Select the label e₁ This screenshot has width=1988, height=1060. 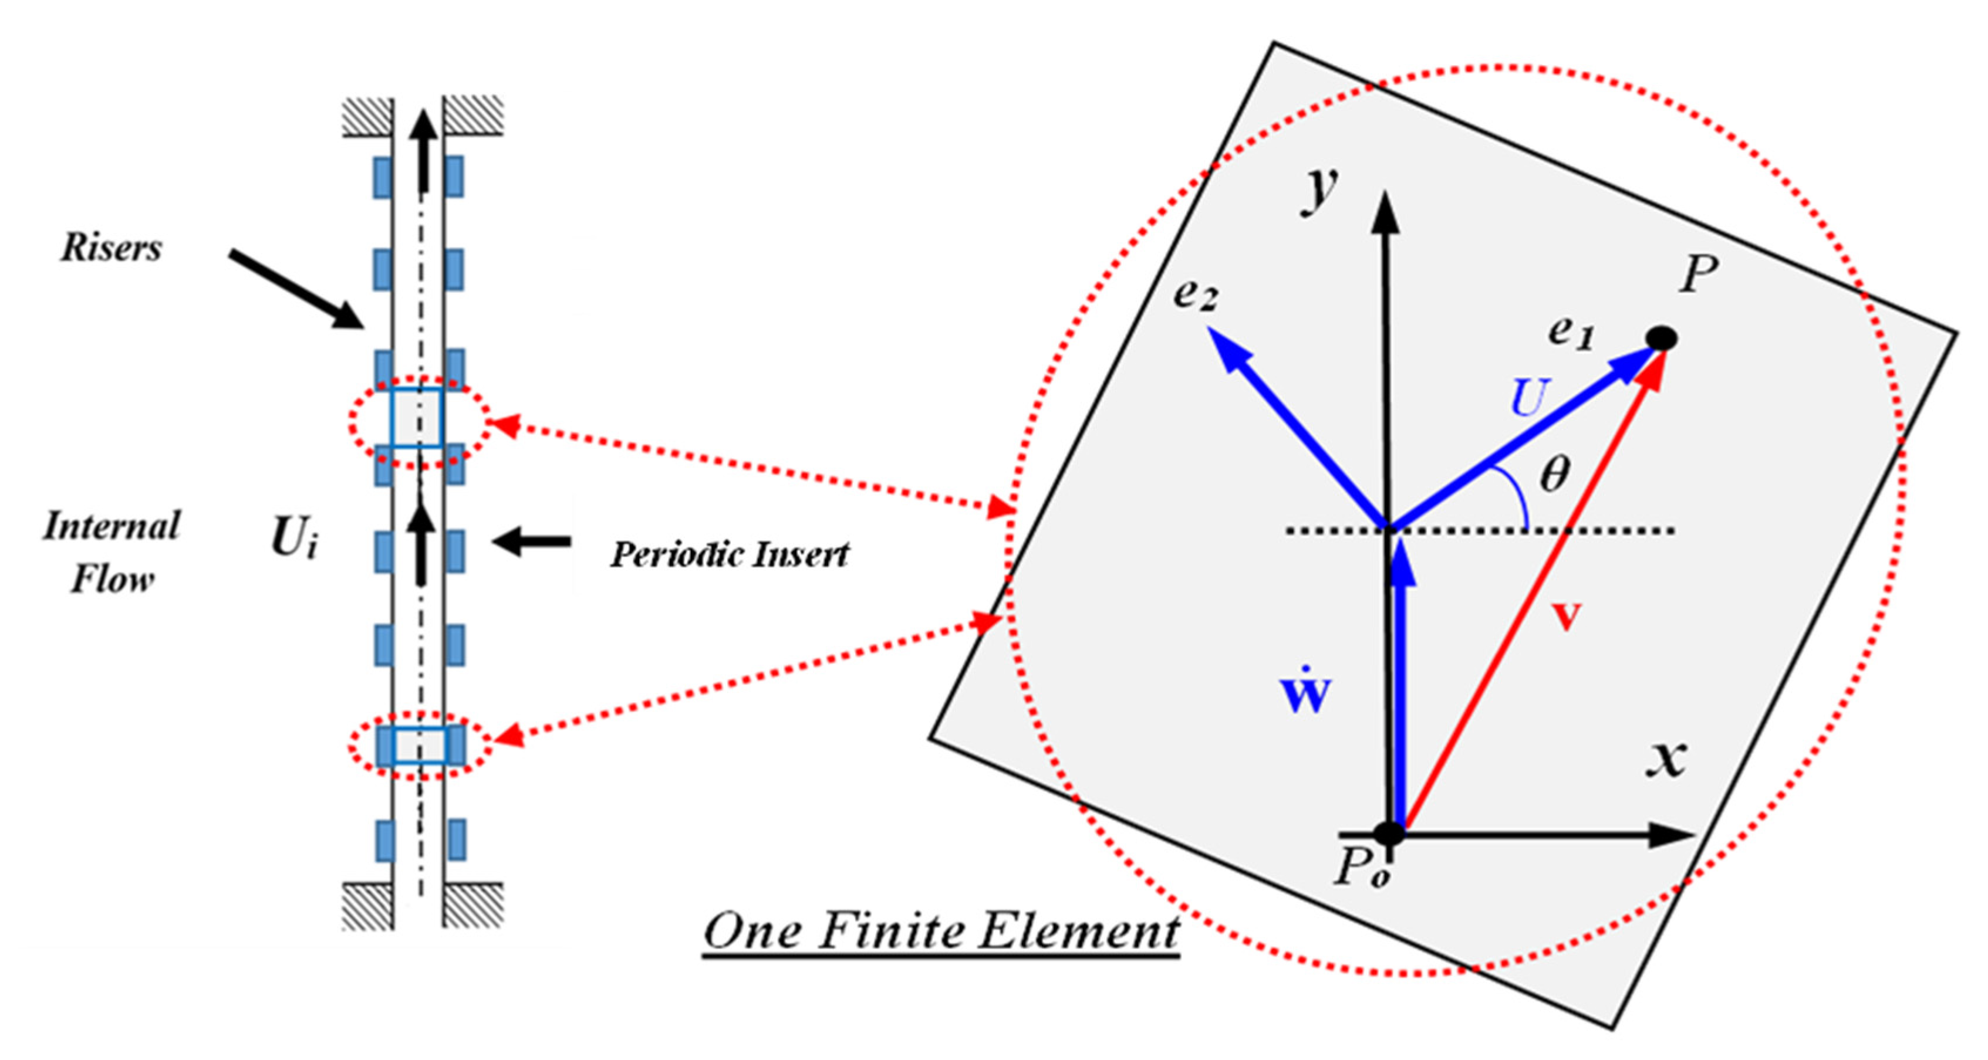(1571, 333)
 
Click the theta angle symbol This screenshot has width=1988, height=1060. (1554, 473)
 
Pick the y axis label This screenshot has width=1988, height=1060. (1319, 189)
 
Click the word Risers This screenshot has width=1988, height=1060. (112, 248)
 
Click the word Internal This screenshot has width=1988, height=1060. (112, 527)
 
